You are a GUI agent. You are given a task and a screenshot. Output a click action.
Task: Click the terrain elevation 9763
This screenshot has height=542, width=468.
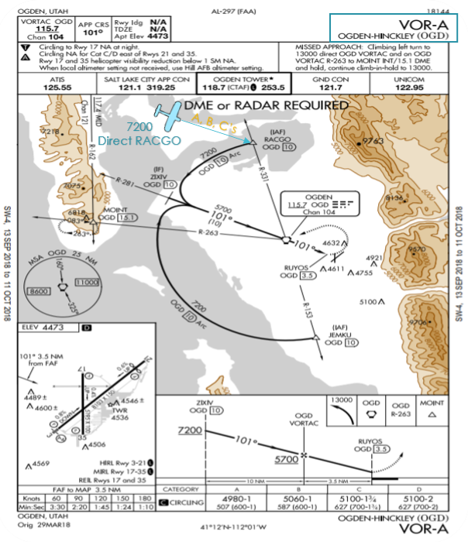(375, 141)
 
